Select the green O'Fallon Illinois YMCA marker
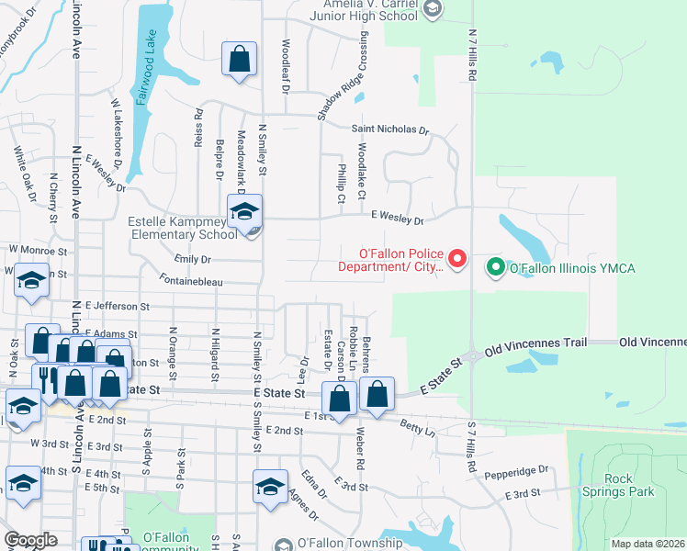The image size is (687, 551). [496, 268]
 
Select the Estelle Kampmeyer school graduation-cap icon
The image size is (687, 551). [244, 214]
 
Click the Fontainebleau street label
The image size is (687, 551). [191, 282]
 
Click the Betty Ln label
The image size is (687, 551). [418, 428]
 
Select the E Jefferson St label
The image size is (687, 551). [117, 305]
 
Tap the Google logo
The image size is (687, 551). [30, 540]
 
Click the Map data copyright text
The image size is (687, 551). [648, 544]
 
